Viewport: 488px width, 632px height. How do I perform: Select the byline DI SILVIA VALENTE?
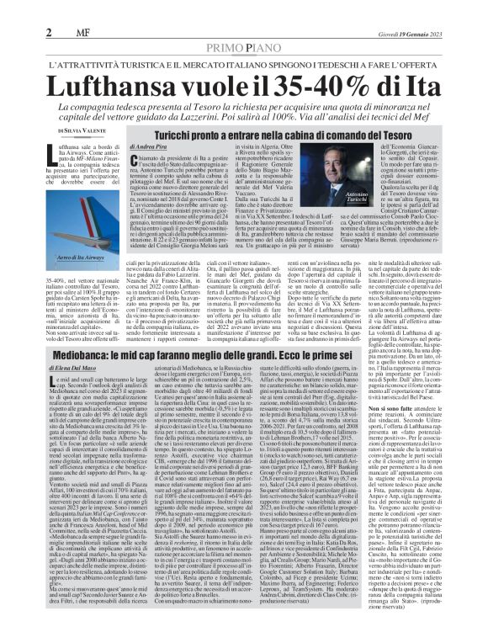[85, 132]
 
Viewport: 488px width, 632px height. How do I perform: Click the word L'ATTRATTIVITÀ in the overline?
[88, 63]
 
